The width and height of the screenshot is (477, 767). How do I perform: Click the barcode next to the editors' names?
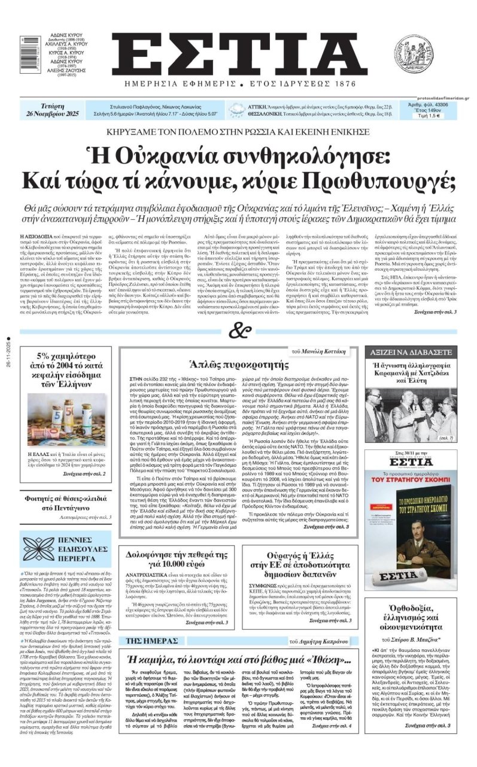[x=24, y=51]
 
